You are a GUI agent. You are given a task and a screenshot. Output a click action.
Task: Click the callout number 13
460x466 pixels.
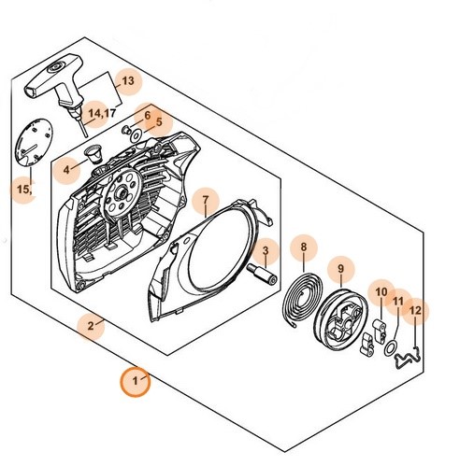(x=128, y=81)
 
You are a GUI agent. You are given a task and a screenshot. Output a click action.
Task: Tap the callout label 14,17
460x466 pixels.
(x=102, y=113)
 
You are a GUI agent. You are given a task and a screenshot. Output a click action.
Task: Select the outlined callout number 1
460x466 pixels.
(x=135, y=380)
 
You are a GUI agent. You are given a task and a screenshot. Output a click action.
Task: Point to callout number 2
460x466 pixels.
(x=91, y=326)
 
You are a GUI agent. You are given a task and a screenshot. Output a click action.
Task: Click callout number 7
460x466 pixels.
(x=205, y=200)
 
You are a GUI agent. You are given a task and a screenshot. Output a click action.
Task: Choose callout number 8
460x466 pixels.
(x=304, y=247)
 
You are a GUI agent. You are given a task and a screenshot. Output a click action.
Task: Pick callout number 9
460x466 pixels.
(x=340, y=268)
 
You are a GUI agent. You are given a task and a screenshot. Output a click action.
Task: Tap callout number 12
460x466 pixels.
(x=415, y=310)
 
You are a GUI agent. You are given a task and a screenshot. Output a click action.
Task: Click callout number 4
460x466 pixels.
(x=66, y=170)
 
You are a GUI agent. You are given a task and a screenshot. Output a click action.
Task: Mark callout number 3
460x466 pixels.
(x=266, y=250)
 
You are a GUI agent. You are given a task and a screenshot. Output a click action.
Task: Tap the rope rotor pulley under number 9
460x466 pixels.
(x=343, y=319)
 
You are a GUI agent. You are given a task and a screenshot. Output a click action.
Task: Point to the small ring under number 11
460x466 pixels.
(x=391, y=348)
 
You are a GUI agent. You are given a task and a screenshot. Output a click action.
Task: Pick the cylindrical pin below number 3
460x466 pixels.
(x=262, y=274)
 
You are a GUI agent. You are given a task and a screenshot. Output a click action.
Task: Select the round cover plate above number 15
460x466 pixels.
(x=35, y=143)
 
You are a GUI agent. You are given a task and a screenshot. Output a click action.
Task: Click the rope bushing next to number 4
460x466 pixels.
(x=94, y=153)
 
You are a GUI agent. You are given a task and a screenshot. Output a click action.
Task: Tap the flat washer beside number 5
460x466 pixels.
(x=137, y=135)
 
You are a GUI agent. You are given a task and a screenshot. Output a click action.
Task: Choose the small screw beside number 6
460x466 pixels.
(x=126, y=130)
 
